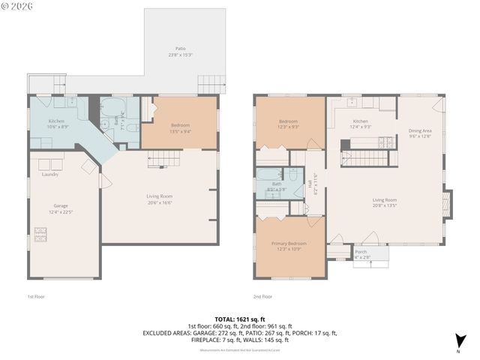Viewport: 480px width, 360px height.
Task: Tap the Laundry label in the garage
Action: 50,175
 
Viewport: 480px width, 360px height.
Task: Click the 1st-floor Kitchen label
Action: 58,124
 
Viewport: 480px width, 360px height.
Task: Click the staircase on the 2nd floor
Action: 367,158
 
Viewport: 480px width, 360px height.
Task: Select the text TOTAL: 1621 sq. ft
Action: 240,319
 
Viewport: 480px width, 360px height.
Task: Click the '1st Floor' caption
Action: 35,297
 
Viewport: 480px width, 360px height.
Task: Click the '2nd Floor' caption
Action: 262,297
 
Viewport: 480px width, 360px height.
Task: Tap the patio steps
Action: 211,84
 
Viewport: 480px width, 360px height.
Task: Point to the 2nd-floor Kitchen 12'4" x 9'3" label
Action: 361,124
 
